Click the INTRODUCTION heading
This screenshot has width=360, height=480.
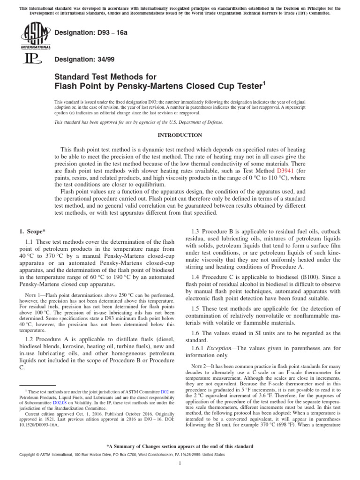tap(180, 135)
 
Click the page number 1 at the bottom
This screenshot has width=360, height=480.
tap(180, 464)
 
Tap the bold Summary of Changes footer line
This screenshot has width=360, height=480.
tap(180, 446)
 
